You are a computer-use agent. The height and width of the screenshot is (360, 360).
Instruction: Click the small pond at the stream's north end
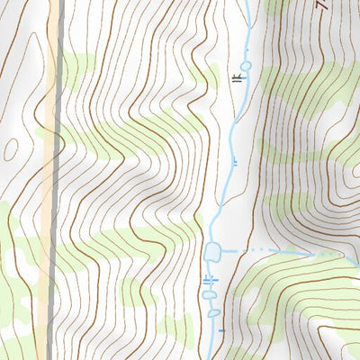coord(246,66)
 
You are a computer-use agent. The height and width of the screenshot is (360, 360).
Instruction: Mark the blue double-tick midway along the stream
coord(235,162)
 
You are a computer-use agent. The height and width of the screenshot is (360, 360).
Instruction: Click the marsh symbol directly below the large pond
coord(211,280)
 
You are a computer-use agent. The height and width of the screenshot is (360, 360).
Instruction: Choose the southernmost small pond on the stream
coord(214,313)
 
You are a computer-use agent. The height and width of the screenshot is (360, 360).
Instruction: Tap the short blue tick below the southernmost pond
coord(220,331)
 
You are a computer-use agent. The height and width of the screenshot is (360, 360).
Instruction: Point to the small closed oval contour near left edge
coord(11,149)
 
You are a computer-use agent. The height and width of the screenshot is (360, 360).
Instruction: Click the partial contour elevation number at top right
coord(322,4)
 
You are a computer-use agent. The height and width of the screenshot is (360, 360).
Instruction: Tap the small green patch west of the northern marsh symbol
coord(209,76)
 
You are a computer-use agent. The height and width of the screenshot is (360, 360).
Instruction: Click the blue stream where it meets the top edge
coord(247,3)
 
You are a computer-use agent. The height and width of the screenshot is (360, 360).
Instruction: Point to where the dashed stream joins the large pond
coord(223,250)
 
